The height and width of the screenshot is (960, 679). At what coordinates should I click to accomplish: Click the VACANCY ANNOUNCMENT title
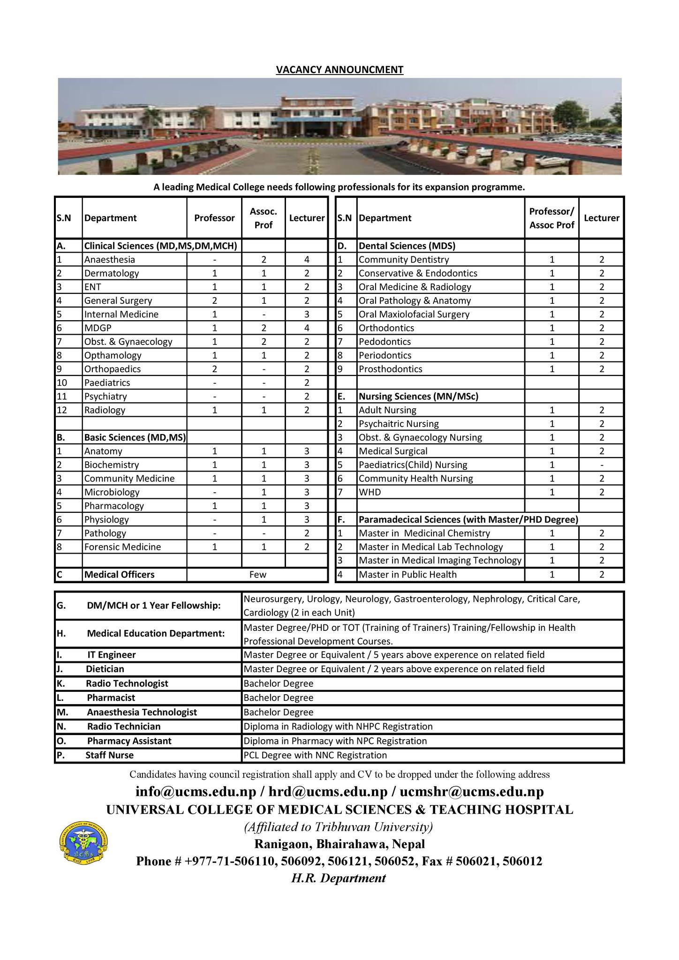[x=339, y=70]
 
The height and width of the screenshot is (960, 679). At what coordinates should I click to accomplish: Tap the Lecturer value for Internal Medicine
[x=307, y=314]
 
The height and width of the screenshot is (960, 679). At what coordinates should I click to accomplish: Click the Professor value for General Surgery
[x=214, y=300]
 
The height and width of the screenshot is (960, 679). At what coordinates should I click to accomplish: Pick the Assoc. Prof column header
[x=263, y=218]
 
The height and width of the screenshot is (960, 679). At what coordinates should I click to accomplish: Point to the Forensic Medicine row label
[x=122, y=547]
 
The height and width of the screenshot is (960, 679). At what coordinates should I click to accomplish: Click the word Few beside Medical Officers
[x=257, y=575]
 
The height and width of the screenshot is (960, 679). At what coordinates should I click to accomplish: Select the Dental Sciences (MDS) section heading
[x=407, y=246]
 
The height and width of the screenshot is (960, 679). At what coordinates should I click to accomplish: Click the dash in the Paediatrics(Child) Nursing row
[x=602, y=465]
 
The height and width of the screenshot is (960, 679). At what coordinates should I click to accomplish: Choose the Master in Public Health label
[x=407, y=575]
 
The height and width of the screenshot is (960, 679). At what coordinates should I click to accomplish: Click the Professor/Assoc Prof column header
[x=552, y=218]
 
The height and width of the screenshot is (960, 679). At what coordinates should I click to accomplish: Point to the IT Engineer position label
[x=111, y=655]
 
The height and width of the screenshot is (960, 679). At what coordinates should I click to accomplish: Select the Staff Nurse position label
[x=109, y=755]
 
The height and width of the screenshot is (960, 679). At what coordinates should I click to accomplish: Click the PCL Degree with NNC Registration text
[x=315, y=755]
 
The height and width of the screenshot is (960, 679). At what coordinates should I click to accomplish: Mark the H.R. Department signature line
[x=339, y=878]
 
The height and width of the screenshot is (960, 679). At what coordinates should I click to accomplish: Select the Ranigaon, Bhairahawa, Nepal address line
[x=339, y=844]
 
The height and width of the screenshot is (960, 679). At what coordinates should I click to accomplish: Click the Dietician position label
[x=105, y=669]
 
